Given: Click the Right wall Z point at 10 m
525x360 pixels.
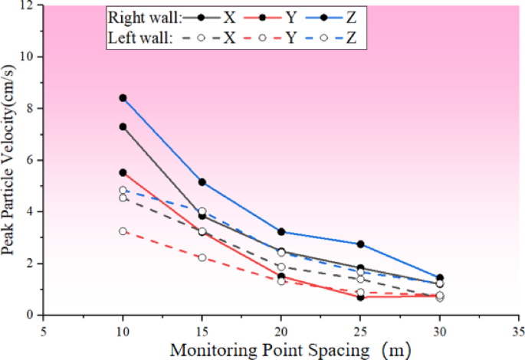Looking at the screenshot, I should click(x=123, y=98).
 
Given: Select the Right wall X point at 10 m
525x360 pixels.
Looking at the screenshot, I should click(x=123, y=126).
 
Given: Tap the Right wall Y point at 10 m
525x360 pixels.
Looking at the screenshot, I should click(x=123, y=173).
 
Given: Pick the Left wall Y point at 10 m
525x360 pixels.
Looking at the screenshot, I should click(x=123, y=231).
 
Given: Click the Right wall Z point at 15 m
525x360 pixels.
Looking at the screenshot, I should click(x=202, y=182).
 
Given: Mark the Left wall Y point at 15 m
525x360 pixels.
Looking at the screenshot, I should click(x=202, y=257).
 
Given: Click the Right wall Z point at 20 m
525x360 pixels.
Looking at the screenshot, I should click(x=281, y=232).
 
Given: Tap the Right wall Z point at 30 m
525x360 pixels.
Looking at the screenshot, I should click(x=440, y=278).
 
